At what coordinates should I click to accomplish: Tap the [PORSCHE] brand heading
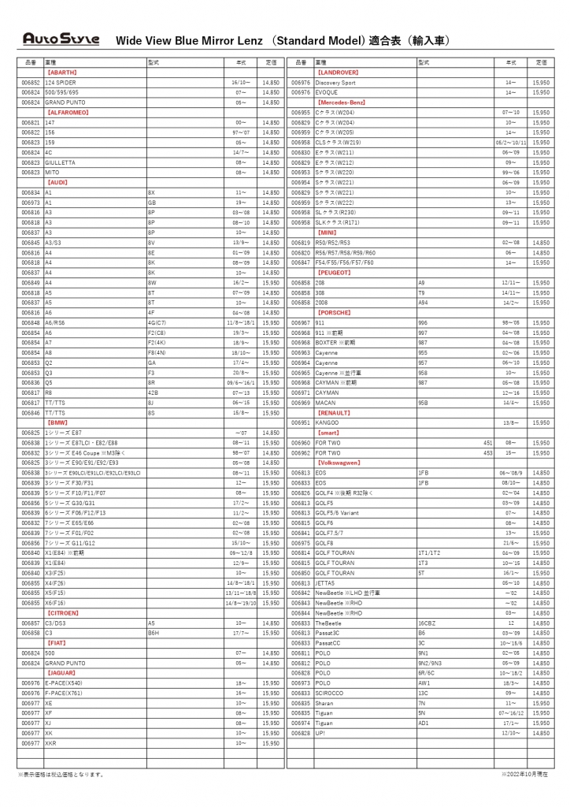333,312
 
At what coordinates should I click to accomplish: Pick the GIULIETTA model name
61,162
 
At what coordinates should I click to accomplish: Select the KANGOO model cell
328,422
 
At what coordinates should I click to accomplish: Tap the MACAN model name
325,402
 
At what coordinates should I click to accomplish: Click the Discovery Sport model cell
335,82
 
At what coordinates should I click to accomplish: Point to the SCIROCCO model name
330,693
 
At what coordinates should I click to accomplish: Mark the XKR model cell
51,743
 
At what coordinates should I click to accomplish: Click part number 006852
31,82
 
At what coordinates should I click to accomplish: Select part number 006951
301,422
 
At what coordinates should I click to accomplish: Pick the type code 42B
153,392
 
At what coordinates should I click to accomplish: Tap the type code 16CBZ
426,623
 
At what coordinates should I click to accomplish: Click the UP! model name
320,733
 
